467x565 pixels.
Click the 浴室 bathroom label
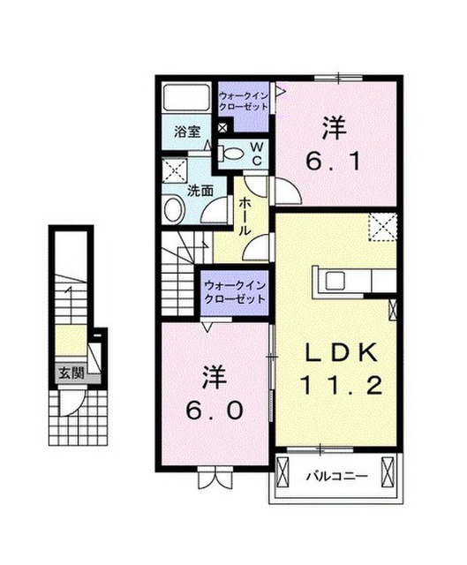[x=187, y=132]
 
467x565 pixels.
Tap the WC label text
[x=257, y=154]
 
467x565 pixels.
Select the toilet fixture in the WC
[x=230, y=154]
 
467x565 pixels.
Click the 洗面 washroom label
[x=200, y=191]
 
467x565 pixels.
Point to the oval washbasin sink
[x=175, y=210]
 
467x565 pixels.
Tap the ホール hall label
[x=245, y=215]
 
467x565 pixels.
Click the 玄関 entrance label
[x=72, y=373]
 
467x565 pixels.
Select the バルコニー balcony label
[x=337, y=477]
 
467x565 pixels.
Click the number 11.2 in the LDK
[x=341, y=385]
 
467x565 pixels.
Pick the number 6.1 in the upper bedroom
[x=334, y=162]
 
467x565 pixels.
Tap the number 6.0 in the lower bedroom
[x=214, y=411]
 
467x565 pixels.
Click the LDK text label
[x=341, y=352]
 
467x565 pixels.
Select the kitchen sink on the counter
[x=335, y=281]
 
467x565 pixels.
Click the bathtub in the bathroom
[x=186, y=97]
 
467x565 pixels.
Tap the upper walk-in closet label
[x=244, y=102]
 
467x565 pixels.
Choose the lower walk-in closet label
[x=235, y=292]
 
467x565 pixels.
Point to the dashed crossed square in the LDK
[x=382, y=227]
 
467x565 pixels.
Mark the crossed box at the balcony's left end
[x=281, y=472]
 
